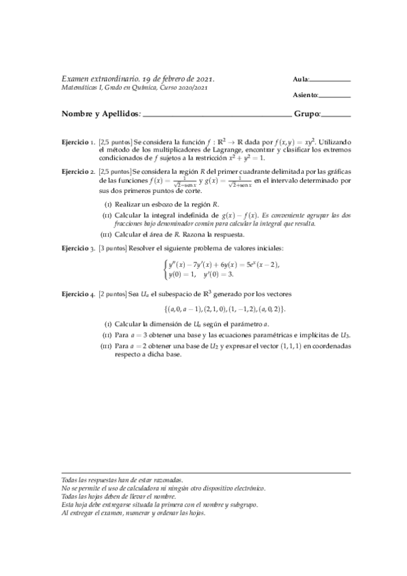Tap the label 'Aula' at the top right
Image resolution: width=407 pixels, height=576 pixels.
[301, 80]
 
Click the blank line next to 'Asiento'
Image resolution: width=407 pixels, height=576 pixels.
[334, 96]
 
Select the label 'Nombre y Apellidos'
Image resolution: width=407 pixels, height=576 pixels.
[101, 114]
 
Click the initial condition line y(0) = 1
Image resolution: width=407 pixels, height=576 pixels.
[182, 274]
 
